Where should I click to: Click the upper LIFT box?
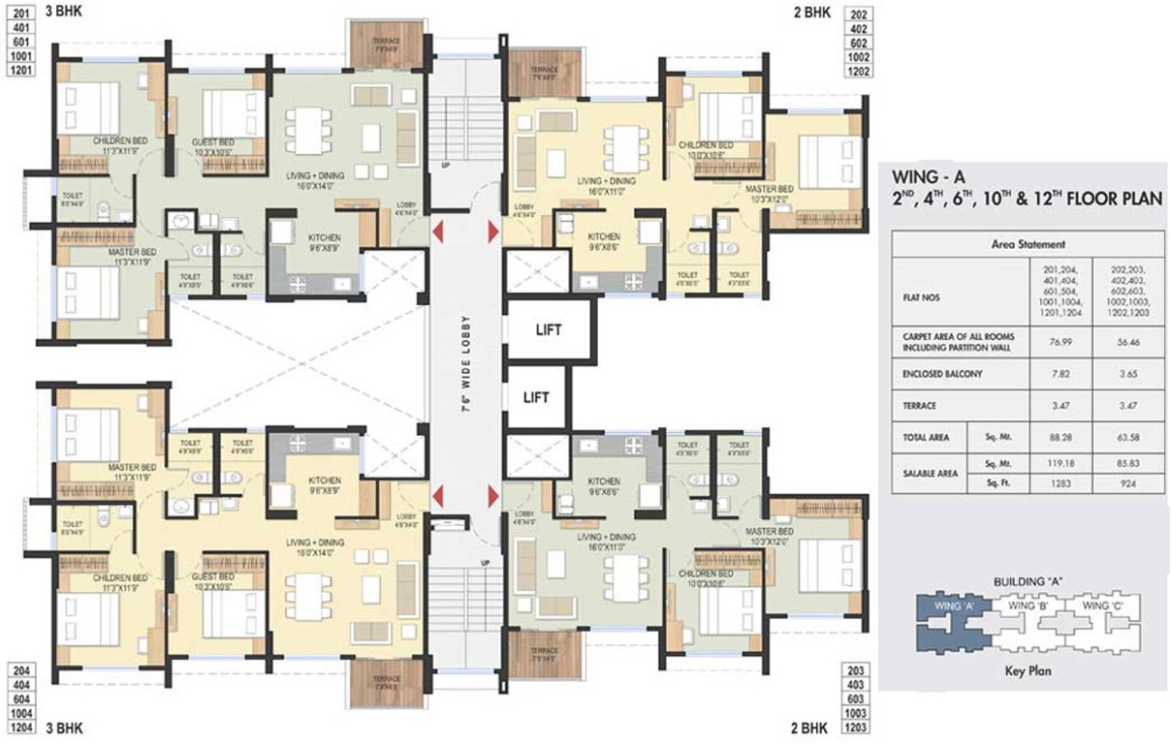(x=536, y=329)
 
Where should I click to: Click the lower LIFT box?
(x=536, y=397)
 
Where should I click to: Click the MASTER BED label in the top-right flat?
(x=771, y=188)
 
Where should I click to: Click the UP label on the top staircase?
(x=445, y=166)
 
